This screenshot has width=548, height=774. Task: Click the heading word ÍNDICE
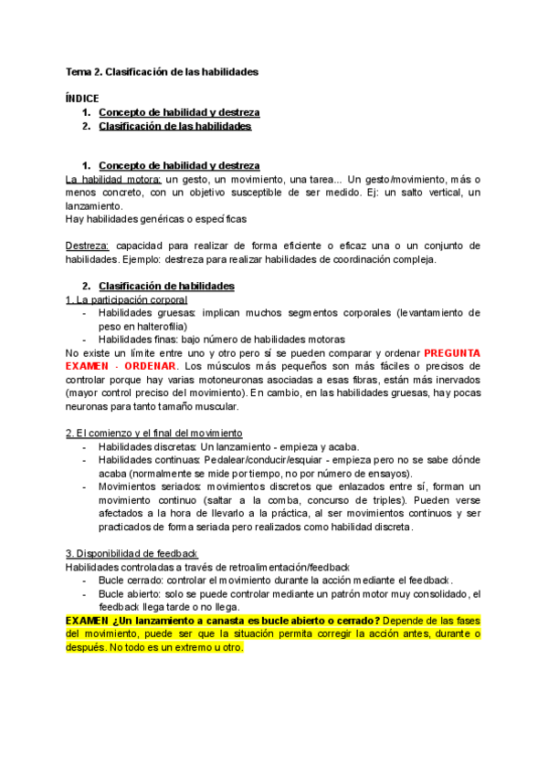tap(82, 98)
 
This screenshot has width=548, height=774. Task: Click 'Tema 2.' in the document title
tap(84, 70)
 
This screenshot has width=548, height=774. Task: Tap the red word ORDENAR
tap(150, 365)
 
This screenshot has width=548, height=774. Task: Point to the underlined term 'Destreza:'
tap(88, 246)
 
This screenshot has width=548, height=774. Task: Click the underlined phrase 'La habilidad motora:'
tap(109, 179)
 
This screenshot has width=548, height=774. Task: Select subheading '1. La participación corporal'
tap(126, 299)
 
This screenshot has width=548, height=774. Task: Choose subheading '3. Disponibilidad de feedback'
tap(132, 554)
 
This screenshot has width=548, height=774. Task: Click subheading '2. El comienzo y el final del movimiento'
tap(154, 432)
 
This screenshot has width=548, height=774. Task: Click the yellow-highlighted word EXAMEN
tap(88, 621)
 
